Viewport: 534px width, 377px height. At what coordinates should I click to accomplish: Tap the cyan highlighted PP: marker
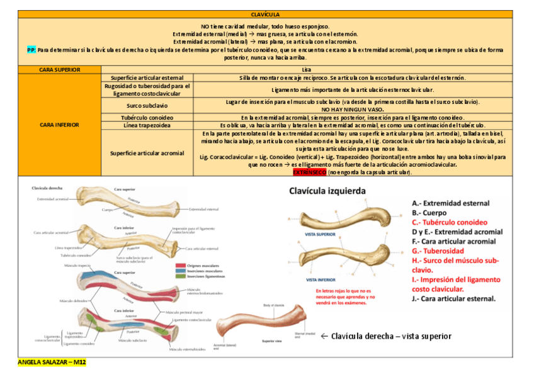(31, 49)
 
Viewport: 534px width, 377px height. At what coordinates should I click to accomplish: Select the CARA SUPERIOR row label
(59, 69)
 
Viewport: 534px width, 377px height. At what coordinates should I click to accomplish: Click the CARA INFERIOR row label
(59, 125)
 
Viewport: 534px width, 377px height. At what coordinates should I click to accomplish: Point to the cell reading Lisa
(307, 69)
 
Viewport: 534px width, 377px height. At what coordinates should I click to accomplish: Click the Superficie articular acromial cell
(147, 152)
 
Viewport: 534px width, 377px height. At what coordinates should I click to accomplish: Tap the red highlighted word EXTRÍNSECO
(310, 172)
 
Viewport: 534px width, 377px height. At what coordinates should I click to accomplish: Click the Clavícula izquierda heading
(336, 191)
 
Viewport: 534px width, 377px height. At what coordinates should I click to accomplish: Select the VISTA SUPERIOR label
(320, 234)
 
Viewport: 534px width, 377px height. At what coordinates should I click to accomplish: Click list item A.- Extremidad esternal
(450, 203)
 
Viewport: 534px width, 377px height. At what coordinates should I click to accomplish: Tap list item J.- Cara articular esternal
(453, 299)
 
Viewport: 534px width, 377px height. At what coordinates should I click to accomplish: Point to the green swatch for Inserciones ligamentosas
(181, 276)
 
